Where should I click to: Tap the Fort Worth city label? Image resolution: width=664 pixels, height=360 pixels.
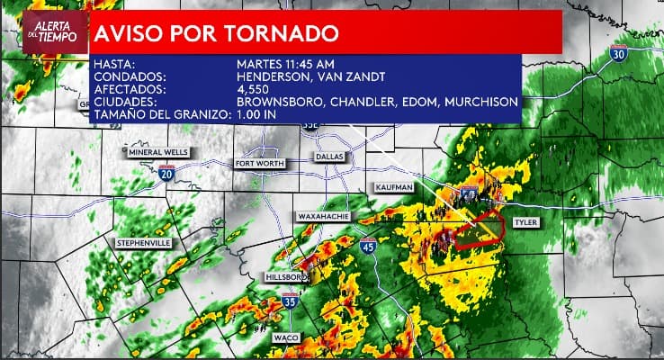click(259, 164)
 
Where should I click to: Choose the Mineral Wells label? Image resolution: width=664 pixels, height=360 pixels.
click(158, 152)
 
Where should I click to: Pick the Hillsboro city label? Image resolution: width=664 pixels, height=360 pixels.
click(287, 276)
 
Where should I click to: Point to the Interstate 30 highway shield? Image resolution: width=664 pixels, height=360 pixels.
click(617, 54)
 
